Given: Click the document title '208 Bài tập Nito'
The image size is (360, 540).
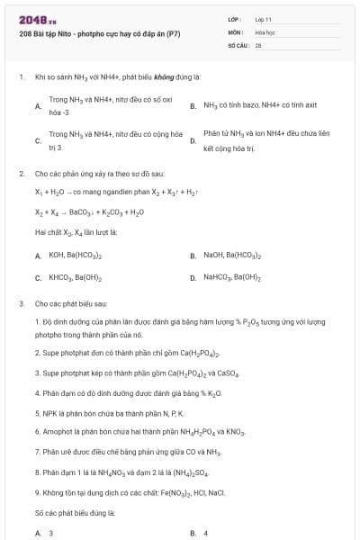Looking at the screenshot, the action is click(100, 34).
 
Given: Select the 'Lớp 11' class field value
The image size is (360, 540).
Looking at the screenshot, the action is click(264, 18).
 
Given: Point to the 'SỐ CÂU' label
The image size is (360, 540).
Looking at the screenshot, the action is click(237, 43).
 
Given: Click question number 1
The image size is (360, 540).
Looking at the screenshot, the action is click(22, 77).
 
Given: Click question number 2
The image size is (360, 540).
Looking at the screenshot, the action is click(22, 173).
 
